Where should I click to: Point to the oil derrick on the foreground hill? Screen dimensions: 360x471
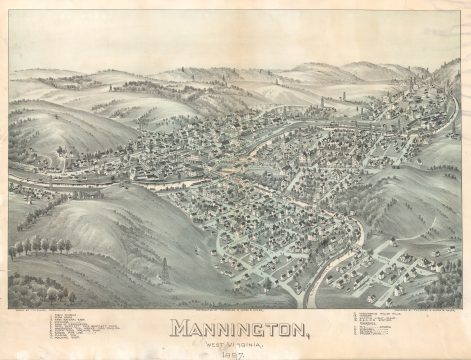pos(164,270)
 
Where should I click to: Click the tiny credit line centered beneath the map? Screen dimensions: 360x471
pos(236,311)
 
